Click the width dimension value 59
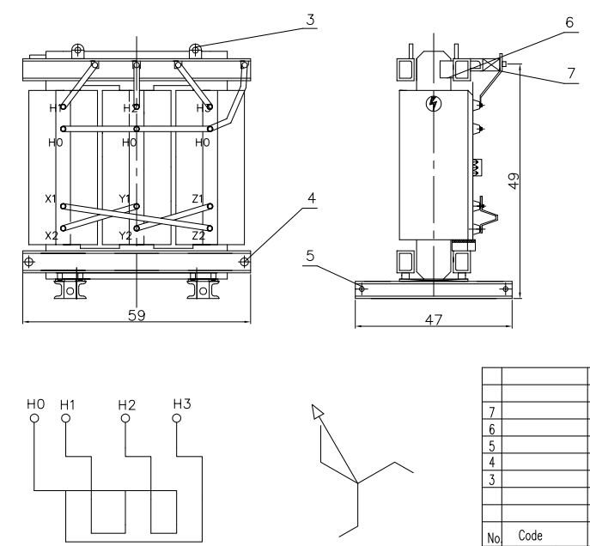(135, 315)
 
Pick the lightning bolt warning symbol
(432, 105)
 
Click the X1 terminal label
(51, 199)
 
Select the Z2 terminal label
(198, 234)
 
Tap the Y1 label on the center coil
(125, 199)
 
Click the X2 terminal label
(51, 234)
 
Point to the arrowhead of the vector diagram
(319, 413)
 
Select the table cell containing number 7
(491, 413)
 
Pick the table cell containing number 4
(491, 460)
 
